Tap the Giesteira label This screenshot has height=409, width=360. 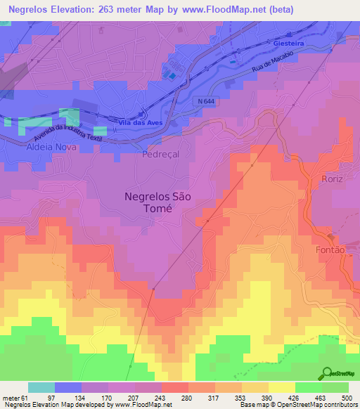pyautogui.click(x=287, y=43)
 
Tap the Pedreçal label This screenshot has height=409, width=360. pyautogui.click(x=161, y=154)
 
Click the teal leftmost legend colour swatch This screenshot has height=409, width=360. pyautogui.click(x=41, y=387)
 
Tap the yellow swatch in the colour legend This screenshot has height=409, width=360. pyautogui.click(x=281, y=387)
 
